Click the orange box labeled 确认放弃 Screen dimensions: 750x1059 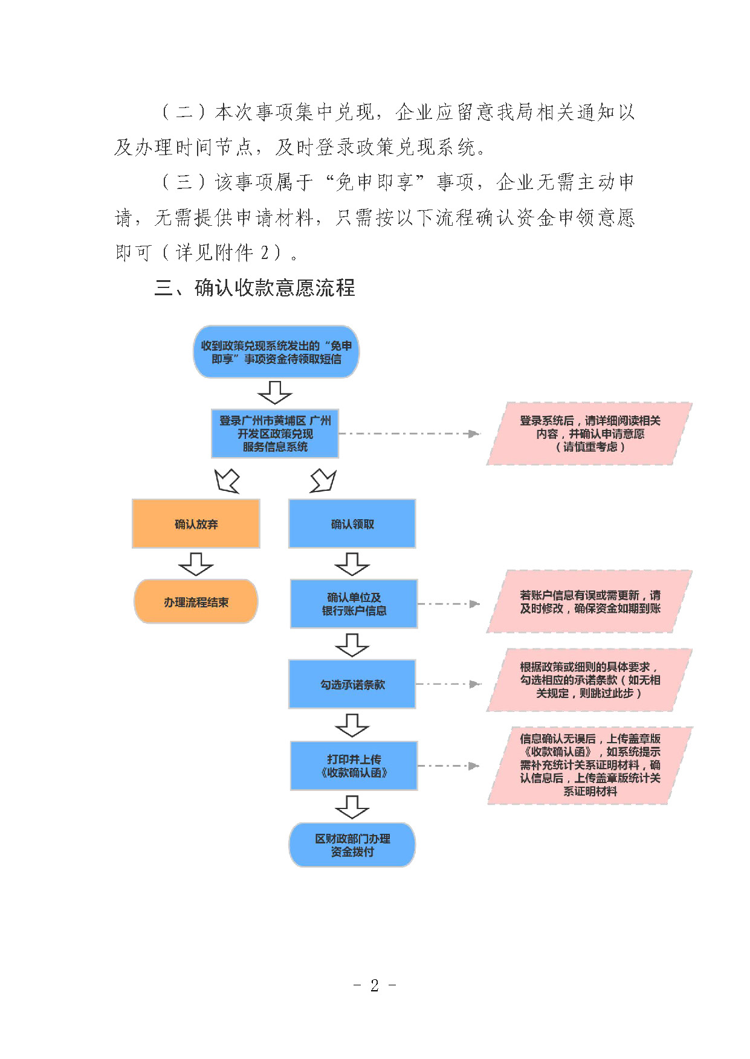tap(196, 523)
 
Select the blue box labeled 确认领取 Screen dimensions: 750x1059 tap(352, 523)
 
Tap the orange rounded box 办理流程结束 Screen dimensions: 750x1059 tap(196, 601)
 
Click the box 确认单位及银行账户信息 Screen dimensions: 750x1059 tap(354, 604)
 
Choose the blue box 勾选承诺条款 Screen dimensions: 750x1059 tap(352, 684)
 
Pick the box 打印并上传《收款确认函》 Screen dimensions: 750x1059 tap(354, 766)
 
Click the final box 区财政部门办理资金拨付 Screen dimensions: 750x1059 tap(352, 845)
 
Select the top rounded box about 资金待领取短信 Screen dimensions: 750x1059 tap(276, 352)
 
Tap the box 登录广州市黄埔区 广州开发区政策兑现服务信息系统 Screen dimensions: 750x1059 tap(275, 434)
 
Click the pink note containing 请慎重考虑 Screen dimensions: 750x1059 tap(590, 434)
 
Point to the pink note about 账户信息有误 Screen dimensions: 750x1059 tap(590, 601)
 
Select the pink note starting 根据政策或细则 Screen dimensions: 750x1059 tap(590, 680)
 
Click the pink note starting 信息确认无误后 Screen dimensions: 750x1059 tap(590, 765)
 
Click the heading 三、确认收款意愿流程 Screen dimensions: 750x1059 tap(255, 288)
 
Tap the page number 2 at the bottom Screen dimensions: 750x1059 tap(375, 985)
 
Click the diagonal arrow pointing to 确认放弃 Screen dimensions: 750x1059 tap(227, 481)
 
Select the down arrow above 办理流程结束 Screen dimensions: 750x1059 tap(196, 564)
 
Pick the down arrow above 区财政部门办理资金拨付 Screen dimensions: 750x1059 tap(352, 807)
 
